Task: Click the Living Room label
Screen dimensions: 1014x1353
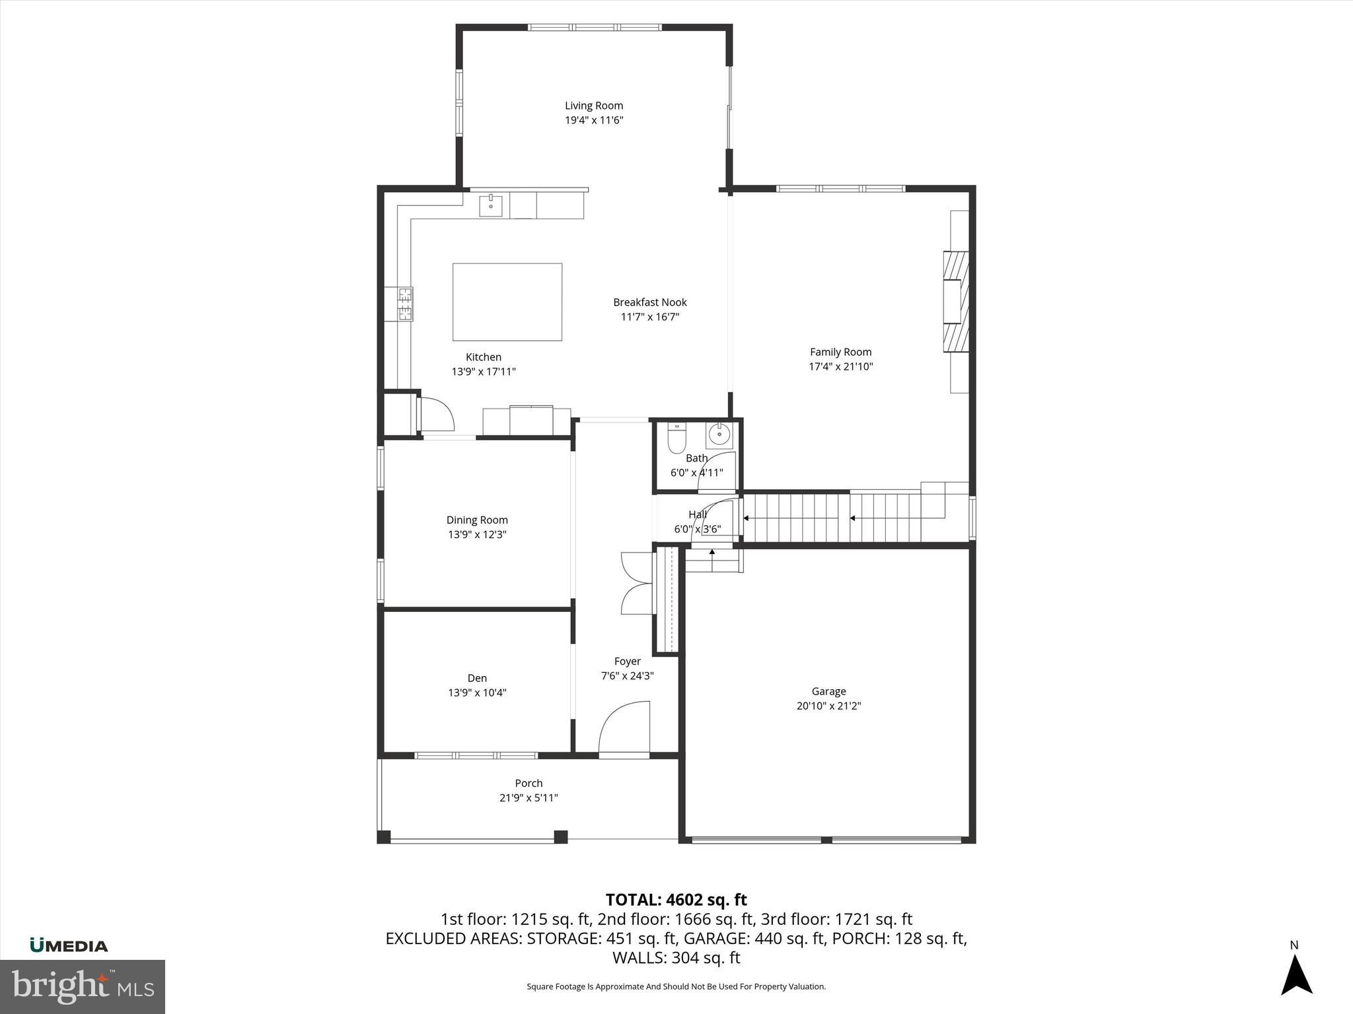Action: [593, 106]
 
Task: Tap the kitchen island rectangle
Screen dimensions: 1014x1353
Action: [507, 302]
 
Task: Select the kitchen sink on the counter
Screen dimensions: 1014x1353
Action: [491, 206]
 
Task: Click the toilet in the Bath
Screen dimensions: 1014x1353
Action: [676, 438]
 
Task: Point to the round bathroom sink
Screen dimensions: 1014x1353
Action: [719, 435]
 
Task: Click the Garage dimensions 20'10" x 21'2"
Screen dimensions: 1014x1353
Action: [828, 706]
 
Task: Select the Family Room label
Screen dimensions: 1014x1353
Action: [840, 352]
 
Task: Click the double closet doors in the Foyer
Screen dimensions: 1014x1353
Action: [636, 584]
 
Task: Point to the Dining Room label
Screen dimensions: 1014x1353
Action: [476, 520]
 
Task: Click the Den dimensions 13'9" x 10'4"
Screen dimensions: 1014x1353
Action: [477, 693]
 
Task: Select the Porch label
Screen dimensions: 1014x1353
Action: [529, 783]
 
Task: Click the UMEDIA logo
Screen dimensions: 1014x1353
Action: [69, 945]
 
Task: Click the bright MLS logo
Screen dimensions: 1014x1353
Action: [83, 986]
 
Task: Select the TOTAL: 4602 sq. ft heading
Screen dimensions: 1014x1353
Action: [676, 900]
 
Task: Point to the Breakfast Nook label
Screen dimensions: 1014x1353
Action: [649, 302]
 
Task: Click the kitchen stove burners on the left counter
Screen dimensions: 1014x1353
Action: [404, 304]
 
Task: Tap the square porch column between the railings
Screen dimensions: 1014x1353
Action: [560, 836]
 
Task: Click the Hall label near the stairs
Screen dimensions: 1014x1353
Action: [697, 514]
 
